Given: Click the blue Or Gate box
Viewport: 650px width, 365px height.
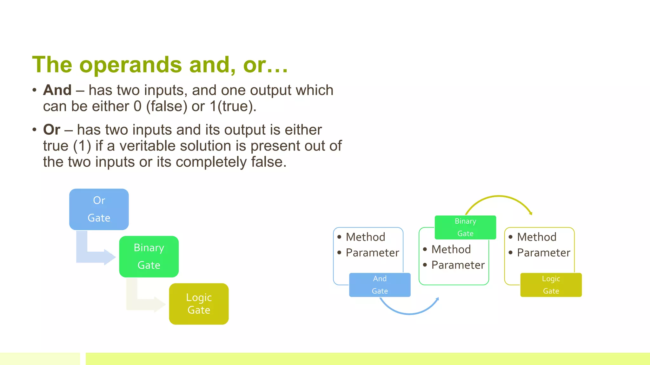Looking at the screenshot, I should pos(99,209).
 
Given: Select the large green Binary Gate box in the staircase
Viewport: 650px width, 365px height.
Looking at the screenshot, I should pos(149,256).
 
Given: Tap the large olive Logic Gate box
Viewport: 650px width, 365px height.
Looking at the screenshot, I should pos(199,304).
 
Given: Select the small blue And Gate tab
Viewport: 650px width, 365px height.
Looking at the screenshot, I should pos(380,285).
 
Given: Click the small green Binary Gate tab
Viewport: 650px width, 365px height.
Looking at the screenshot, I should pos(465,227).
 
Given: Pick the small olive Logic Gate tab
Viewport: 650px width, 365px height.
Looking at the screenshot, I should pos(551,285).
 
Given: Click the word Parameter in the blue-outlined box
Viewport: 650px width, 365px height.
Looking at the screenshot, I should pos(372,253).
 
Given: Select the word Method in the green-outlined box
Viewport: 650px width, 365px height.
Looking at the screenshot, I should pos(451,249).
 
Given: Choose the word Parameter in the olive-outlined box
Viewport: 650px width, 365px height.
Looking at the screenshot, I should pos(543,253).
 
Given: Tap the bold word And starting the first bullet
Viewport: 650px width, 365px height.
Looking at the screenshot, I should pos(57,90).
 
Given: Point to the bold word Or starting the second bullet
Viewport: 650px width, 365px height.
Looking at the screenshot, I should pos(52,130).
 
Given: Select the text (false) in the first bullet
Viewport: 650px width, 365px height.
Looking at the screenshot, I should pos(167,106).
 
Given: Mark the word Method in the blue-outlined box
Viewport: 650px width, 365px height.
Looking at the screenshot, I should pos(365,237).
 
